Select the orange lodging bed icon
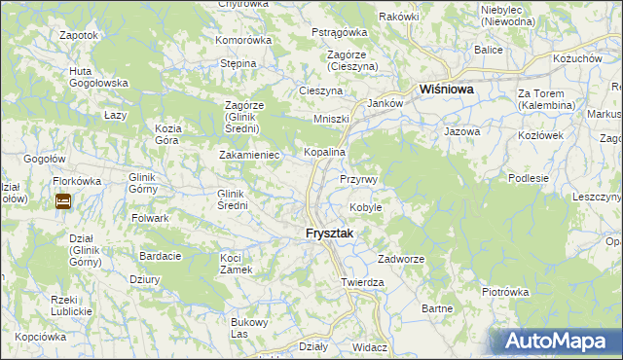click(63, 201)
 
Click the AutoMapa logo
click(556, 341)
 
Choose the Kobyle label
click(365, 207)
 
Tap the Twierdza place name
click(362, 282)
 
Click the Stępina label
click(238, 63)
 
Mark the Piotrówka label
click(505, 291)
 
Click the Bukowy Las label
click(247, 328)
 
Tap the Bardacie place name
click(161, 256)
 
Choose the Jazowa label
click(462, 130)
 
